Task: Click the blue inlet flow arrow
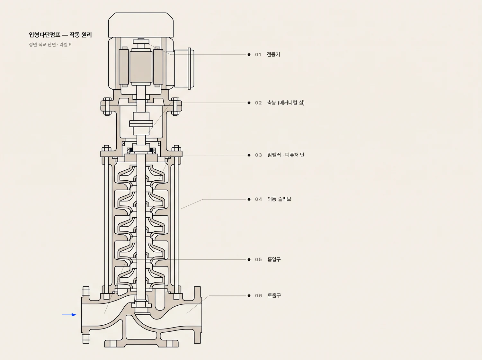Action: click(69, 315)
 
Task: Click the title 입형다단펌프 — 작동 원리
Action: click(60, 35)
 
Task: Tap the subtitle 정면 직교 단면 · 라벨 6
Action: click(50, 45)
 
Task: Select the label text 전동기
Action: click(273, 54)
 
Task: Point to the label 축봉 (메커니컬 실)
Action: click(286, 103)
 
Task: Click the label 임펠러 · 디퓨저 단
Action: click(286, 155)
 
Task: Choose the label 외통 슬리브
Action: click(279, 199)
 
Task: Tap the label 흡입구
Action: click(274, 259)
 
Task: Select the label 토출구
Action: click(274, 295)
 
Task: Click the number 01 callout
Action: click(258, 55)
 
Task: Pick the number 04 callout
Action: click(258, 199)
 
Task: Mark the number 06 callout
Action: click(258, 296)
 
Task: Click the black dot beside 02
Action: click(249, 103)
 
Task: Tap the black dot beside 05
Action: click(249, 259)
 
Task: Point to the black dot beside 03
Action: click(249, 155)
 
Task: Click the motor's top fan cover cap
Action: click(141, 25)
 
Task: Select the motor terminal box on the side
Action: click(184, 68)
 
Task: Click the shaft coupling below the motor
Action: click(141, 123)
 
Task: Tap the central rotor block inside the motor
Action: click(141, 67)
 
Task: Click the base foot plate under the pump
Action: click(141, 343)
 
